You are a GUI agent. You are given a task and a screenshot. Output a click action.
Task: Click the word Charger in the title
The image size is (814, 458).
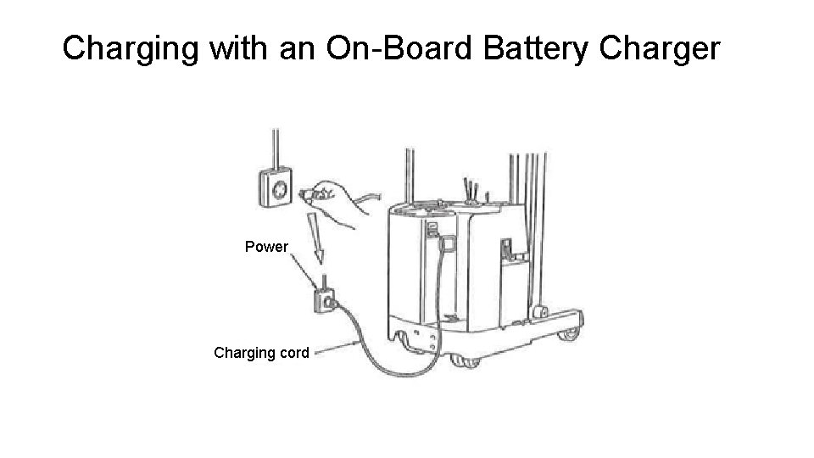(660, 49)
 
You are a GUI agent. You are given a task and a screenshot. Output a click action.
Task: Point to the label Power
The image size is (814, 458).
(266, 247)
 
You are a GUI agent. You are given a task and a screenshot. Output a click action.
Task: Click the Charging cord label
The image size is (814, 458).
(261, 352)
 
